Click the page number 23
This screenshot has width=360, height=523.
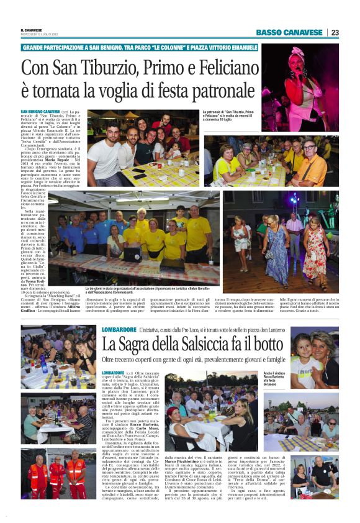(x=335, y=32)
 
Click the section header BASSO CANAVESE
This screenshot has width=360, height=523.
(x=289, y=32)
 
